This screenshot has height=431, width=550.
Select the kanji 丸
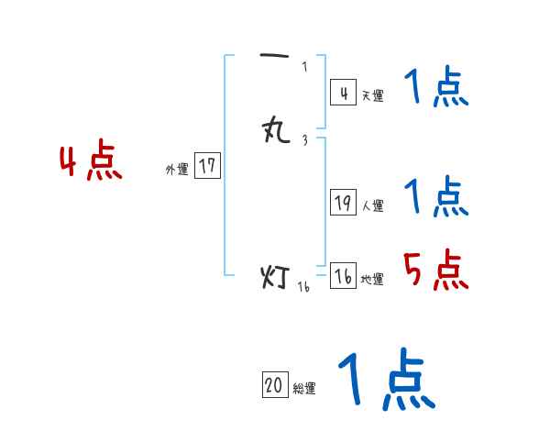pyautogui.click(x=275, y=131)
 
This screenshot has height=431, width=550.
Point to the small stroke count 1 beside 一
pyautogui.click(x=304, y=66)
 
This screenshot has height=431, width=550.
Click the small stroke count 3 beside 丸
pyautogui.click(x=304, y=140)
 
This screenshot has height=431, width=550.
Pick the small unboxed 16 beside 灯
pyautogui.click(x=303, y=286)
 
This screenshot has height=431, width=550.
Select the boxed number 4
pyautogui.click(x=343, y=93)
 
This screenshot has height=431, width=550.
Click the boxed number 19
pyautogui.click(x=343, y=204)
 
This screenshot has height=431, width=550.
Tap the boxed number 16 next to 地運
pyautogui.click(x=343, y=277)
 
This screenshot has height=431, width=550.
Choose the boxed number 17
pyautogui.click(x=207, y=166)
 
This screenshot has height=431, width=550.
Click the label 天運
pyautogui.click(x=371, y=95)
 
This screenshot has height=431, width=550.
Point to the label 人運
pyautogui.click(x=372, y=206)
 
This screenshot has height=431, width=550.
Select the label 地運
pyautogui.click(x=372, y=280)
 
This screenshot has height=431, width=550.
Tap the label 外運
pyautogui.click(x=177, y=170)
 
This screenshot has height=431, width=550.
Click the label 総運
pyautogui.click(x=304, y=389)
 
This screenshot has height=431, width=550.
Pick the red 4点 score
pyautogui.click(x=91, y=162)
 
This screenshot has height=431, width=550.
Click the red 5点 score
pyautogui.click(x=436, y=271)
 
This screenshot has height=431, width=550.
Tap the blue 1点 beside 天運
pyautogui.click(x=436, y=90)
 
